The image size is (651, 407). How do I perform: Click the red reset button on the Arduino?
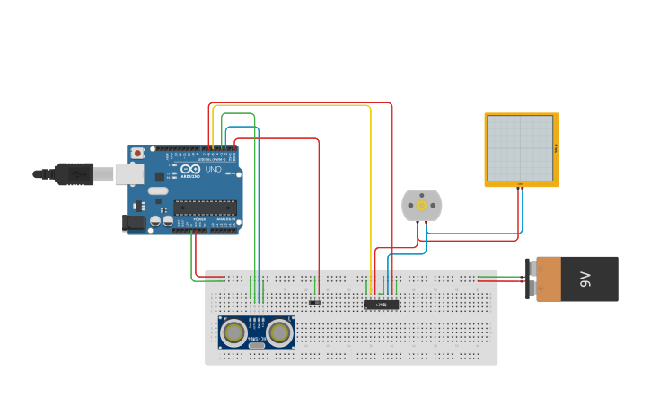pyautogui.click(x=137, y=154)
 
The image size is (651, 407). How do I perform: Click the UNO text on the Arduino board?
pyautogui.click(x=213, y=169)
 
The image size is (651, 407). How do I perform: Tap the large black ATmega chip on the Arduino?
pyautogui.click(x=206, y=208)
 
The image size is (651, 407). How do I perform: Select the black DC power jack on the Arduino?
pyautogui.click(x=134, y=222)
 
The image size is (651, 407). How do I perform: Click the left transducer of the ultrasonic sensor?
pyautogui.click(x=235, y=332)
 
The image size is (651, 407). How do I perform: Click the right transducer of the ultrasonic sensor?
pyautogui.click(x=279, y=332)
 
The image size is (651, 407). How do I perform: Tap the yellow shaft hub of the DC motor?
pyautogui.click(x=421, y=206)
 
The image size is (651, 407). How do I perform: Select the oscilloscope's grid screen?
pyautogui.click(x=520, y=147)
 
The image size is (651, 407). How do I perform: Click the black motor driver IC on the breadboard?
pyautogui.click(x=381, y=305)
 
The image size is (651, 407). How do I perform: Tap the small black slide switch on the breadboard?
pyautogui.click(x=315, y=302)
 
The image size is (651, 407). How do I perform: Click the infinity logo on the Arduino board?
pyautogui.click(x=190, y=168)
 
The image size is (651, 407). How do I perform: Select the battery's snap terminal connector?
pyautogui.click(x=532, y=279)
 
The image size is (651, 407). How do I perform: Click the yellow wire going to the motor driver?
pyautogui.click(x=371, y=180)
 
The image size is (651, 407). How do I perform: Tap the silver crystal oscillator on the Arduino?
pyautogui.click(x=158, y=190)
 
